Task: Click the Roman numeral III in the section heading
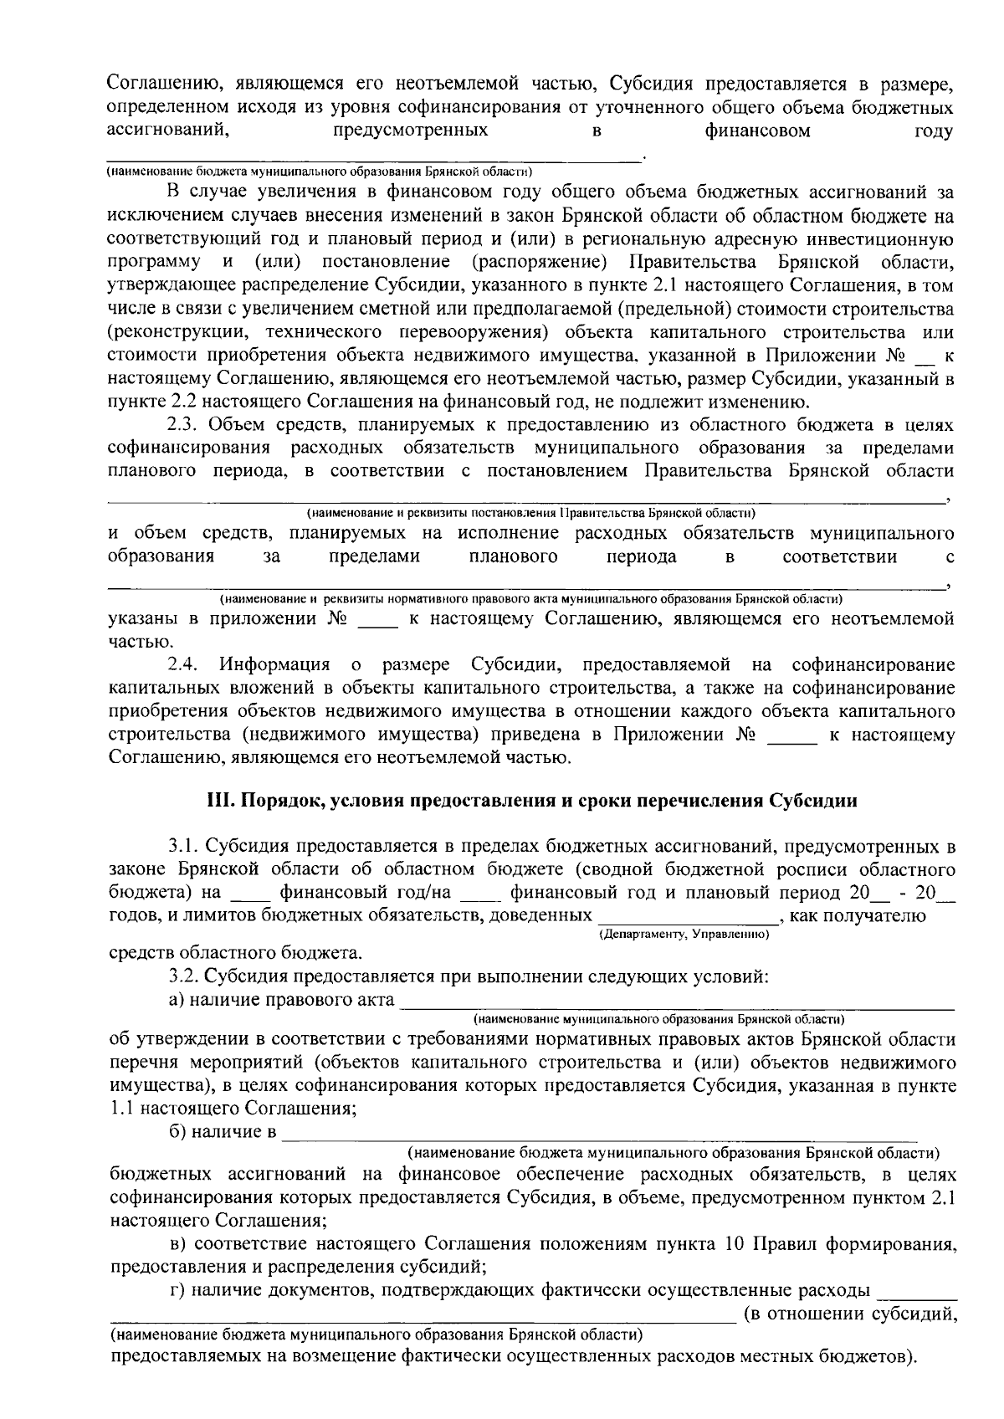click(x=220, y=801)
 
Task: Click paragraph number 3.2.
click(x=182, y=976)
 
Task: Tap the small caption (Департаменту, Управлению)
click(x=684, y=933)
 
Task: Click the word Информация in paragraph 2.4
click(x=277, y=665)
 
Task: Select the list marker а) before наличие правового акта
click(x=177, y=999)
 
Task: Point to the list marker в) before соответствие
click(x=177, y=1243)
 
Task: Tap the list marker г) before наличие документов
click(x=176, y=1290)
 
